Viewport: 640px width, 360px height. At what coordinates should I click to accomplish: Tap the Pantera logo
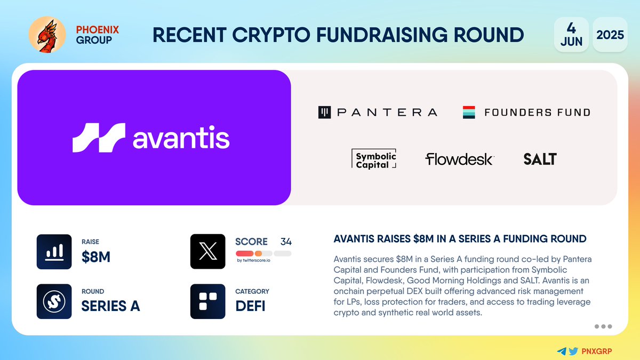pos(378,112)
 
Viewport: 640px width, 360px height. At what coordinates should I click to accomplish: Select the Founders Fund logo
pos(526,112)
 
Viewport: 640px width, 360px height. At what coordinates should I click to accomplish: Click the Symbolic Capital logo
pos(376,159)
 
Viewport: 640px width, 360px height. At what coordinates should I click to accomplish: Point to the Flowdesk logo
pos(459,159)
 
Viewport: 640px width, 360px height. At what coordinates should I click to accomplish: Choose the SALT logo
pos(540,159)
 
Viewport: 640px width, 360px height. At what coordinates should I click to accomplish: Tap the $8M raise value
pos(96,257)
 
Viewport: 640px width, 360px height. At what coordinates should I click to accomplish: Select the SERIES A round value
pos(110,306)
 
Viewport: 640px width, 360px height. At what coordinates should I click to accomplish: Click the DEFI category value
pos(250,306)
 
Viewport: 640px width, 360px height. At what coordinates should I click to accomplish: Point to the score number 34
pos(286,242)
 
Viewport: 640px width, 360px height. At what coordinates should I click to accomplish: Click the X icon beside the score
pos(207,252)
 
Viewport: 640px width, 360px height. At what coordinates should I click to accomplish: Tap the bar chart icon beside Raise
pos(54,252)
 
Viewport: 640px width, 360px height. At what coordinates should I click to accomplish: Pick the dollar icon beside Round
pos(54,301)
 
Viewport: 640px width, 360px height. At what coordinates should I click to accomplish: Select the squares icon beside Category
pos(207,301)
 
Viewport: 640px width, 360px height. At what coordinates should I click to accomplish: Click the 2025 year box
pos(610,35)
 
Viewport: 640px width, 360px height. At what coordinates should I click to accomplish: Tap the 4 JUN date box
pos(571,35)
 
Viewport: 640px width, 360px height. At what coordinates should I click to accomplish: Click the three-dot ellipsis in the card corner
pos(603,326)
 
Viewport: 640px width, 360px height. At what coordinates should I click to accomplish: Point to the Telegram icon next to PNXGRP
pos(561,351)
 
